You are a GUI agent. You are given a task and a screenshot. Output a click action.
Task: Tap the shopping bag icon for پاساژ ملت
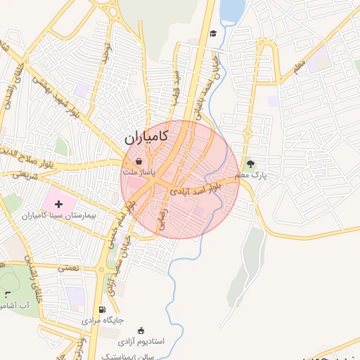pyautogui.click(x=139, y=161)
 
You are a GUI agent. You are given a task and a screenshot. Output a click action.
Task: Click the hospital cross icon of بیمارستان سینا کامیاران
pyautogui.click(x=58, y=203)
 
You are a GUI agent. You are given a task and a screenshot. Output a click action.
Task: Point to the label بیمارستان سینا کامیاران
pyautogui.click(x=63, y=215)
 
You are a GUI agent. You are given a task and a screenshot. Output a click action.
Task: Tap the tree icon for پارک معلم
pyautogui.click(x=251, y=163)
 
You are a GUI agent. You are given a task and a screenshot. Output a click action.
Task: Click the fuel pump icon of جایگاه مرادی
pyautogui.click(x=103, y=309)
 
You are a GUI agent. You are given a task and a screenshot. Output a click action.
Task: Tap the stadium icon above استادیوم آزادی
pyautogui.click(x=141, y=330)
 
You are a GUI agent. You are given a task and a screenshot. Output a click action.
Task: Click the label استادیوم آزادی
pyautogui.click(x=141, y=341)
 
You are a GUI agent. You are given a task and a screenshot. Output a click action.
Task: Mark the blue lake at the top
pyautogui.click(x=233, y=10)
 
